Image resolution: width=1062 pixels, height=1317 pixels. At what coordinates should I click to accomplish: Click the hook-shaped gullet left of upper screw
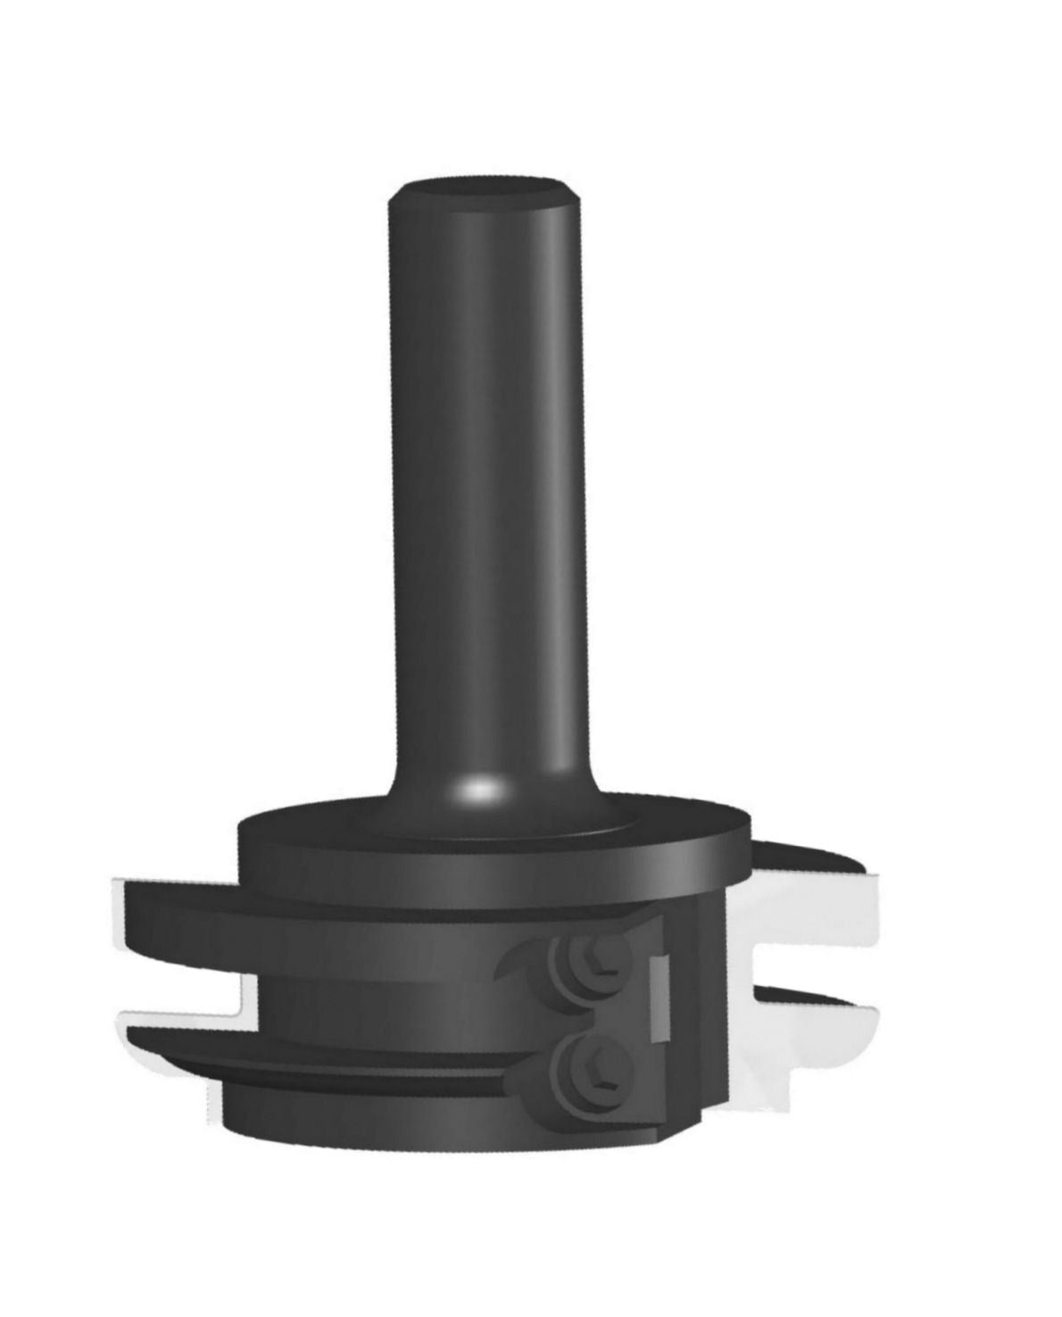(522, 968)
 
